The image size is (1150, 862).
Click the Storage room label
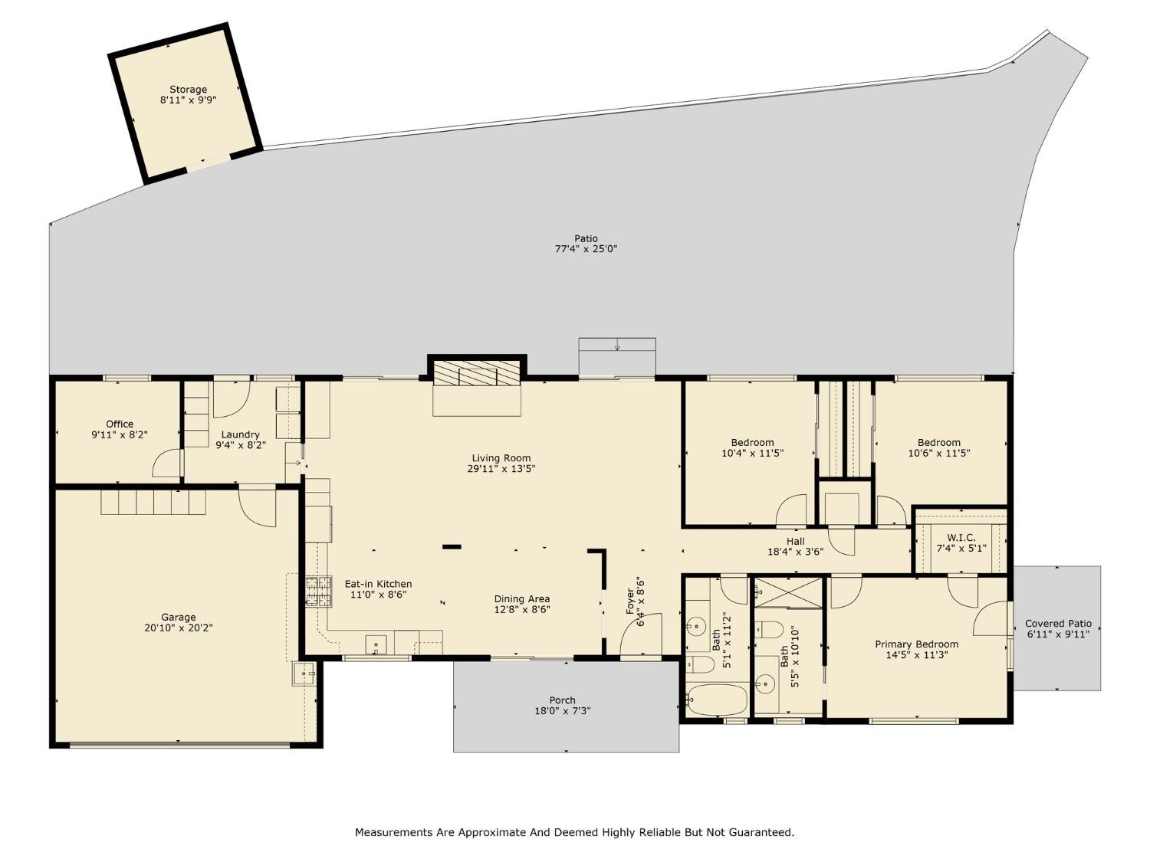(188, 90)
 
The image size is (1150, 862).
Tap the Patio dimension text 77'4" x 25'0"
(586, 249)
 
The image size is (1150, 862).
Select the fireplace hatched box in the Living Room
(477, 374)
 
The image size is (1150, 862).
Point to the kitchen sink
(376, 643)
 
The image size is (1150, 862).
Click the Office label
(120, 424)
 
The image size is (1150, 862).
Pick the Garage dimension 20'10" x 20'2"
(178, 628)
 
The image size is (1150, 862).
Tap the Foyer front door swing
(638, 636)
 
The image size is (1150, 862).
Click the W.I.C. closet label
(961, 538)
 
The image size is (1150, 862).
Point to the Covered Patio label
(1058, 624)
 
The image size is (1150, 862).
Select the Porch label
(562, 700)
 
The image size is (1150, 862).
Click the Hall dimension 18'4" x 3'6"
(795, 552)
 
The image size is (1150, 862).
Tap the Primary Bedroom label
(916, 644)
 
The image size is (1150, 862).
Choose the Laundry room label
(240, 434)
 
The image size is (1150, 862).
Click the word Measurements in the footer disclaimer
(393, 832)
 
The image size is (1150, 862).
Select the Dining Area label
(521, 599)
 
